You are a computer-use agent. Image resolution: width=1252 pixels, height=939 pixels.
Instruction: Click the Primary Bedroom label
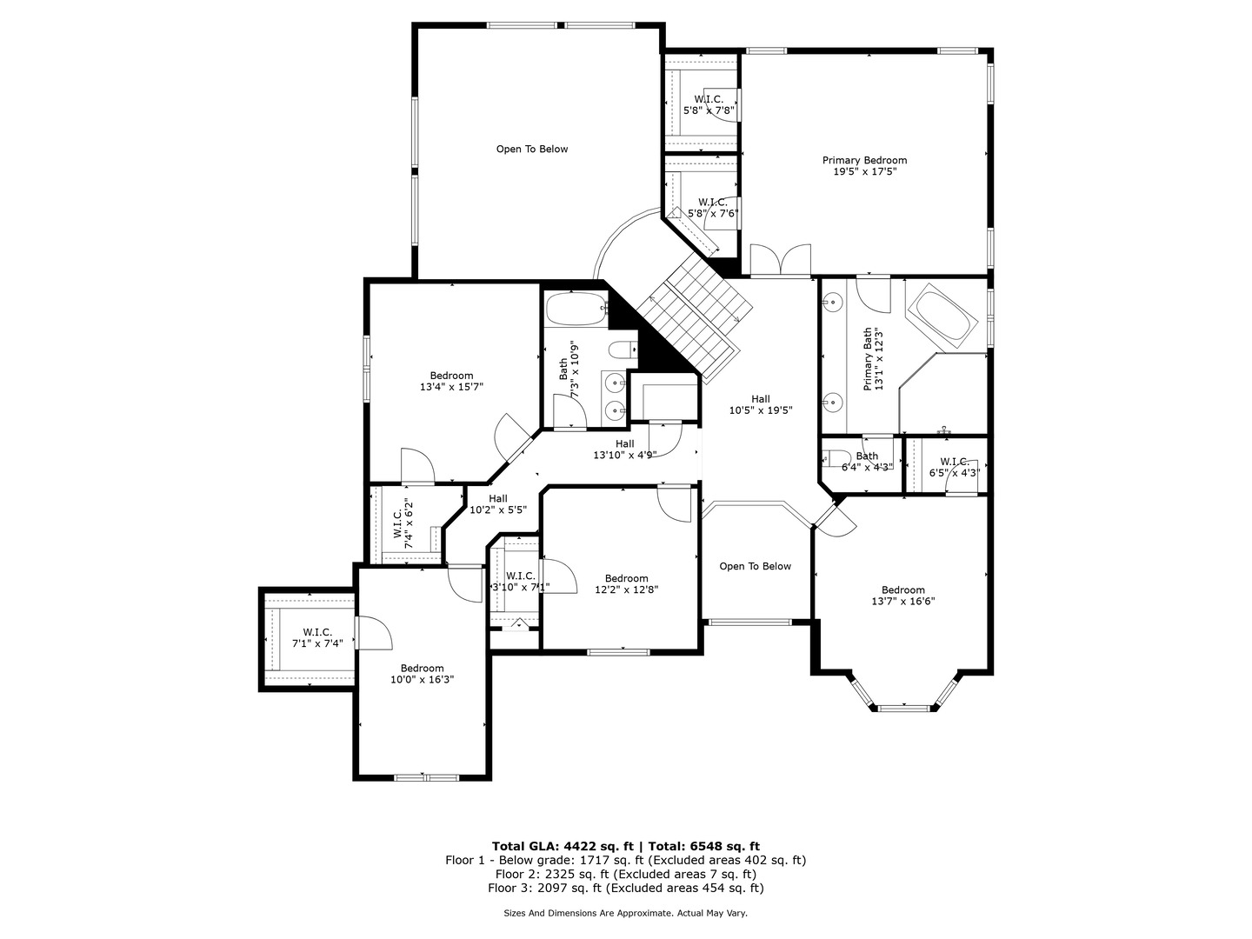pyautogui.click(x=864, y=160)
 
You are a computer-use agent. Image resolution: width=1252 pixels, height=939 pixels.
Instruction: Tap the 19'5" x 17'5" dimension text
pyautogui.click(x=864, y=171)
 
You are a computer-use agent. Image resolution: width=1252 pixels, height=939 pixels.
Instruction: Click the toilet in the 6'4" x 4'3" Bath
pyautogui.click(x=835, y=458)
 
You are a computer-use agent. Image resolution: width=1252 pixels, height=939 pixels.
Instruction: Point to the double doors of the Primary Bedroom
pyautogui.click(x=780, y=261)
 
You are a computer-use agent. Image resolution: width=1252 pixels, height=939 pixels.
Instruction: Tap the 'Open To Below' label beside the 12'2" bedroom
pyautogui.click(x=755, y=566)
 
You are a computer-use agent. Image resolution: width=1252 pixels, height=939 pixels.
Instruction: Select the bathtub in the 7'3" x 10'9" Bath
pyautogui.click(x=577, y=309)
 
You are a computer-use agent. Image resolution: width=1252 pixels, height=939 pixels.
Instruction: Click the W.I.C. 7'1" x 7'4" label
pyautogui.click(x=317, y=637)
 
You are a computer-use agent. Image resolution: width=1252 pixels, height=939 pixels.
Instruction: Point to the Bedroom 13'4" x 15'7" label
pyautogui.click(x=451, y=381)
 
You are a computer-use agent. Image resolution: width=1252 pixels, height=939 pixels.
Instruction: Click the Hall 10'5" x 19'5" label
pyautogui.click(x=760, y=404)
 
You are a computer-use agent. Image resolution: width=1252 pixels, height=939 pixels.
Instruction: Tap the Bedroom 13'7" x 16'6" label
pyautogui.click(x=903, y=596)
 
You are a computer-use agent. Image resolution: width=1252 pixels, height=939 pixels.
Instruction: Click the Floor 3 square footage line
pyautogui.click(x=626, y=888)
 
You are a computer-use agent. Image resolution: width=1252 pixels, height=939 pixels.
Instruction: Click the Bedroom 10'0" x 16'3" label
pyautogui.click(x=422, y=673)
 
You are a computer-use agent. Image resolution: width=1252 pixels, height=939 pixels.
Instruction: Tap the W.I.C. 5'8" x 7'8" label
pyautogui.click(x=709, y=105)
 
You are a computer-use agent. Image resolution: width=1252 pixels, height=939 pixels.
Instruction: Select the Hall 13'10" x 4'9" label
pyautogui.click(x=624, y=450)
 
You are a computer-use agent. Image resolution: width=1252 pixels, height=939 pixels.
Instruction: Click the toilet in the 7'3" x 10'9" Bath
pyautogui.click(x=623, y=349)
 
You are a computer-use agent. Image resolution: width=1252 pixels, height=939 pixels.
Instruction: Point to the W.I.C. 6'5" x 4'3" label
pyautogui.click(x=955, y=467)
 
